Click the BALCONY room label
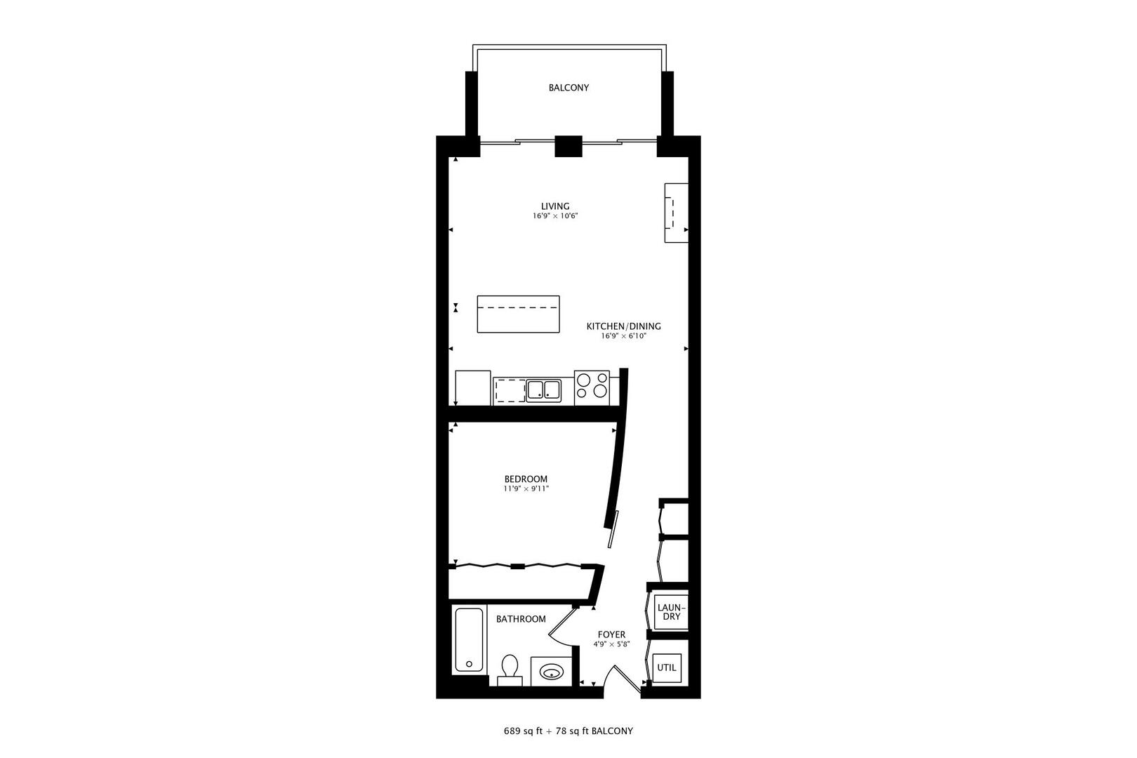point(568,88)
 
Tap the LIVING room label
point(555,206)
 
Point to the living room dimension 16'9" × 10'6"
point(555,216)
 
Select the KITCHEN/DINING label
point(623,326)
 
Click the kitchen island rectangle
point(518,314)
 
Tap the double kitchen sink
point(543,390)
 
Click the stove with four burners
point(592,387)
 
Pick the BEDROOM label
point(526,479)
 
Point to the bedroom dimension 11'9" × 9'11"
point(526,488)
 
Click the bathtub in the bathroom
point(468,640)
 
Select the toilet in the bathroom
point(510,669)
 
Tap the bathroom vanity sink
point(550,672)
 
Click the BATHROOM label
point(521,619)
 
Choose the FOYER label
point(611,634)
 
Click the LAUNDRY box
point(671,612)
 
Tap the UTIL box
point(667,667)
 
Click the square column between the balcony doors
point(568,146)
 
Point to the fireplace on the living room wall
point(677,213)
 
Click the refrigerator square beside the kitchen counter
point(472,387)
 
